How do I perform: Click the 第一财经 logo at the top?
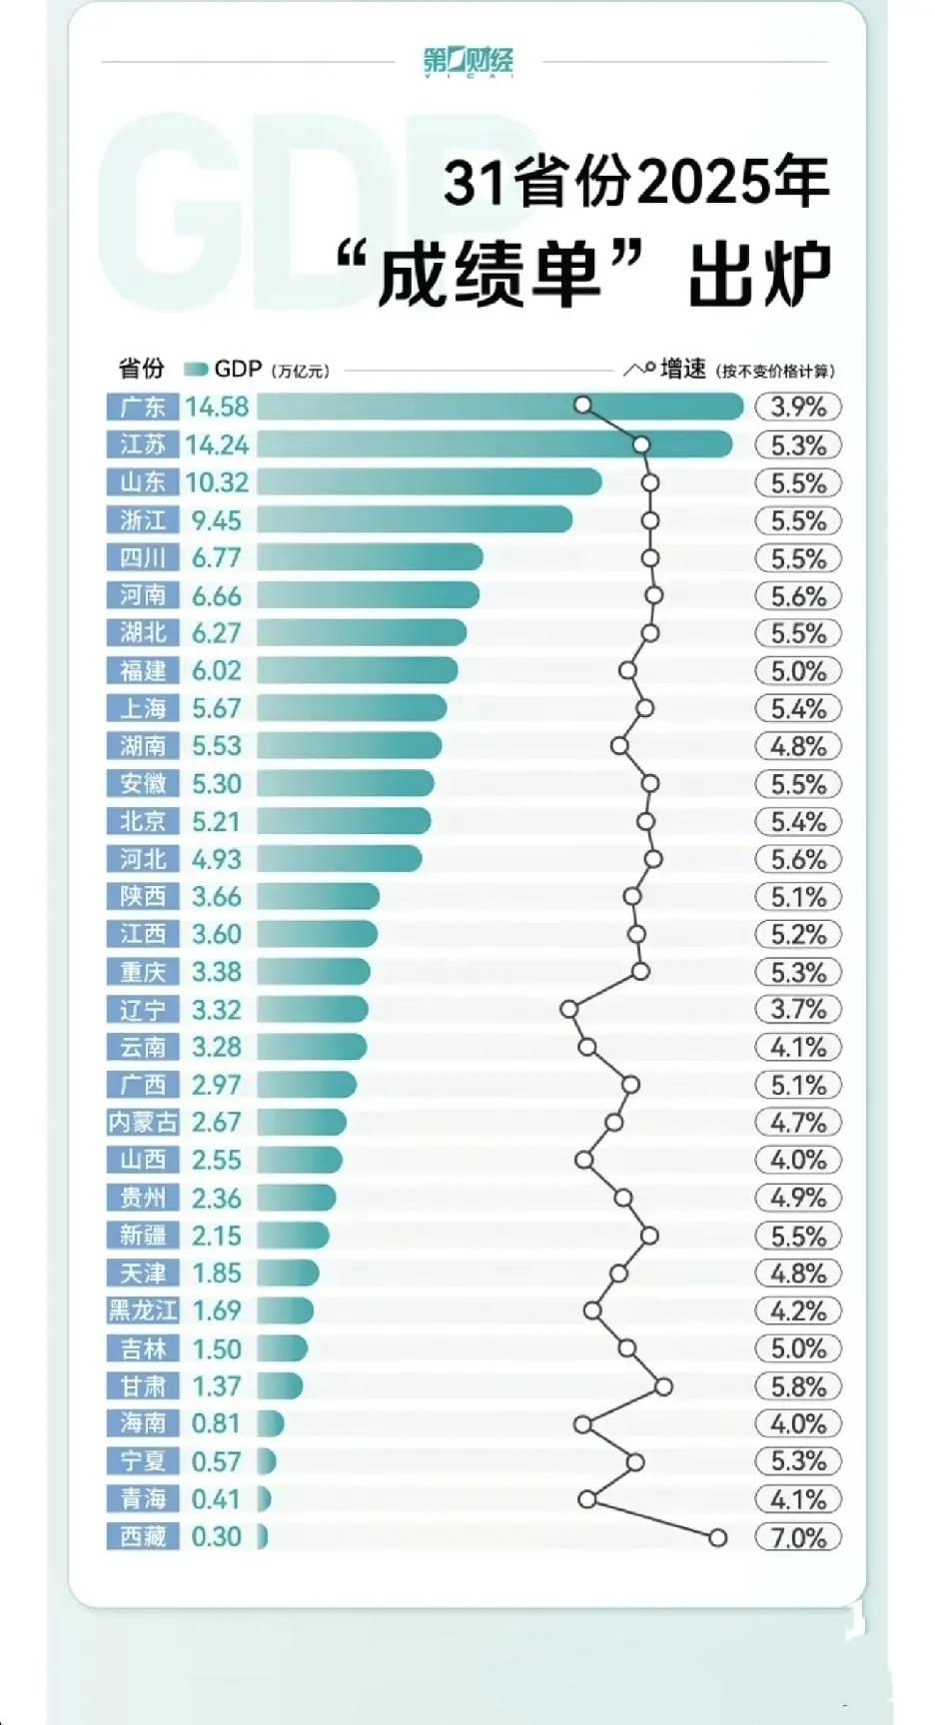(x=467, y=61)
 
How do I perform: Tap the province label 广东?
(x=143, y=408)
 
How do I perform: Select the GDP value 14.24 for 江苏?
(x=217, y=445)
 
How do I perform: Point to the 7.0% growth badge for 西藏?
(x=798, y=1537)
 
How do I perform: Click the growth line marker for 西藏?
(x=717, y=1538)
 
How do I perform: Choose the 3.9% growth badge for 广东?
(x=798, y=408)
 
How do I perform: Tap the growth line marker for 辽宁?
(x=569, y=1010)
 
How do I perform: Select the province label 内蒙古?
(x=143, y=1123)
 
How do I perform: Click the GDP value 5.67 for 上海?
(x=217, y=709)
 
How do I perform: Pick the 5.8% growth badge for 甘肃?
(x=798, y=1386)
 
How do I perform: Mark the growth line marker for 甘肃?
(x=663, y=1386)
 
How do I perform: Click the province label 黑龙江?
(x=143, y=1310)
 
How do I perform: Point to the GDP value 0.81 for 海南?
(x=217, y=1423)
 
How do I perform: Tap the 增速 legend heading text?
(x=683, y=370)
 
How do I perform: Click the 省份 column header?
(x=141, y=369)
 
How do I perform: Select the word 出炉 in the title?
(x=759, y=275)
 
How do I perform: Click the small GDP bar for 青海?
(x=263, y=1499)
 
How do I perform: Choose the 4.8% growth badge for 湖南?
(x=798, y=746)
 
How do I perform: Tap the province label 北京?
(x=143, y=821)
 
